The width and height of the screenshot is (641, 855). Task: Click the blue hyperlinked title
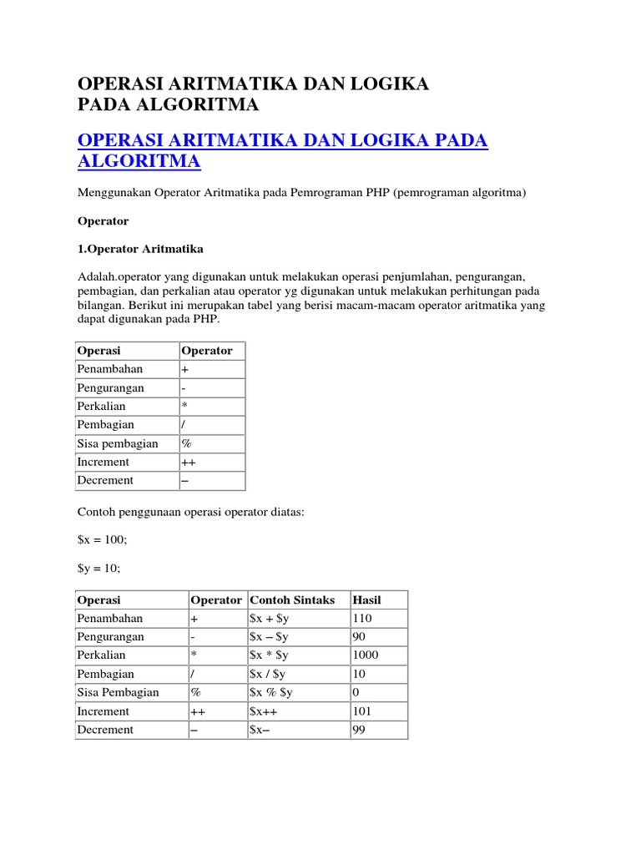282,150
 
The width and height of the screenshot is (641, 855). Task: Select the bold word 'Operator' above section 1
103,221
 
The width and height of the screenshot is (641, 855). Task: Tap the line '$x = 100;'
102,540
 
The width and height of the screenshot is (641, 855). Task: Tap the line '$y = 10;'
98,569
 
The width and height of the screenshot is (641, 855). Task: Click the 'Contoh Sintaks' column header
292,600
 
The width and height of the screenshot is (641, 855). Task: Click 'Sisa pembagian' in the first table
118,443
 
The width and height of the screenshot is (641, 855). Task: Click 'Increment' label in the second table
103,711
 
